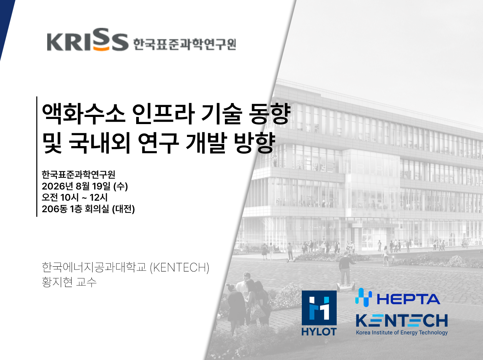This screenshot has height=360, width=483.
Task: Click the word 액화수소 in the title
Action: click(x=84, y=114)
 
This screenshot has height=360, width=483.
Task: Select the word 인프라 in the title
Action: click(x=163, y=114)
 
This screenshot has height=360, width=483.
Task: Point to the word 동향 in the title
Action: click(x=270, y=114)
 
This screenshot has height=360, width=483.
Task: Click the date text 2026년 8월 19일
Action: click(x=76, y=186)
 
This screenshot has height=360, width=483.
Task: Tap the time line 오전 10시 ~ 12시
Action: click(x=75, y=197)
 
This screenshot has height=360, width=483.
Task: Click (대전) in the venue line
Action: click(x=123, y=209)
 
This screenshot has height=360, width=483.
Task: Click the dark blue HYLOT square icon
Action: click(x=319, y=308)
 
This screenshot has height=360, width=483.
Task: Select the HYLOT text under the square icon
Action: click(x=319, y=332)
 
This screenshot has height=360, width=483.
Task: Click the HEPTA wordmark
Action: click(x=408, y=299)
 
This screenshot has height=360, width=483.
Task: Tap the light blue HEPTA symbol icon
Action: click(x=363, y=298)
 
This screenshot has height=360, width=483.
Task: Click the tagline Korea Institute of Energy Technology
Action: click(x=402, y=332)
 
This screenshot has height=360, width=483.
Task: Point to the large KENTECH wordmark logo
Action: click(x=402, y=321)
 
